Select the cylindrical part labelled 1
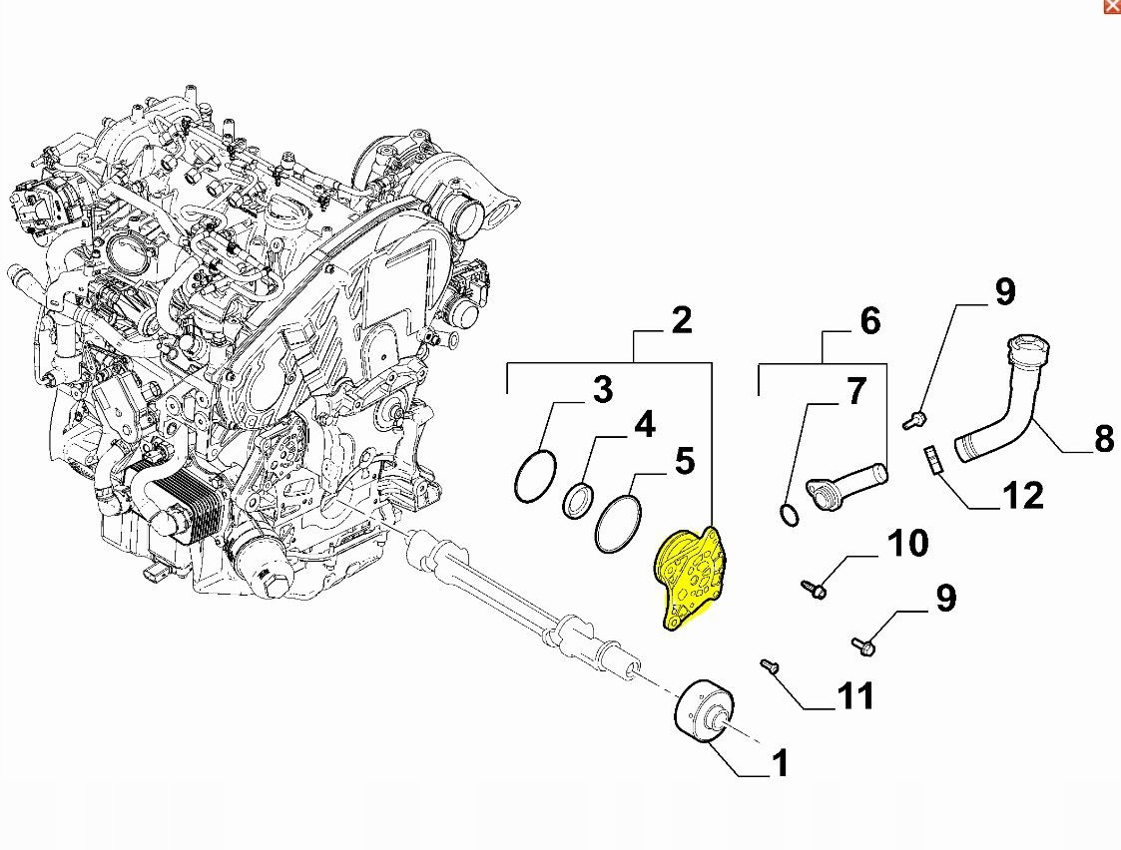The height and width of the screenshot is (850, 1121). pos(704,712)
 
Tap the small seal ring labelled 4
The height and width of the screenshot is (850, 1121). pos(578,500)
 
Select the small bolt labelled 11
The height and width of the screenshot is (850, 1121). pos(770,665)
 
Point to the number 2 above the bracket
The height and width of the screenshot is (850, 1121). pos(682,320)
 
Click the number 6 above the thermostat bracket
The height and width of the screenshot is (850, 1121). pos(869,321)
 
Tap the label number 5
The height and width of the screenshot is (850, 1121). pos(684,461)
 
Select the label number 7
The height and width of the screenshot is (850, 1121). pos(855,391)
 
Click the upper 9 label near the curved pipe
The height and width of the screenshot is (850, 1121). pos(1005,291)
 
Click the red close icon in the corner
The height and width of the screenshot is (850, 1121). pos(1113,6)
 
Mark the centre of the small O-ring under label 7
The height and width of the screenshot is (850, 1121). pos(789,514)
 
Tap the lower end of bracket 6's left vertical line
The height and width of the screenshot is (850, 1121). pos(759,393)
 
